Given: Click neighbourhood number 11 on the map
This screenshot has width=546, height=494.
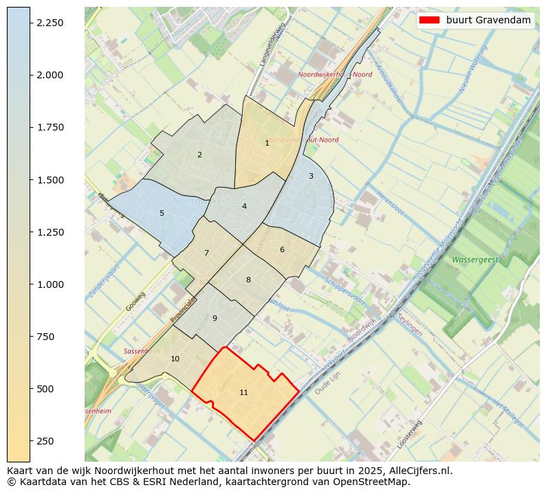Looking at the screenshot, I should tap(243, 392).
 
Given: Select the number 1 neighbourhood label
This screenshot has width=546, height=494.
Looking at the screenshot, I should tap(267, 143).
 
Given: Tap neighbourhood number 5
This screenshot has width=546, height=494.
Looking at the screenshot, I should tap(162, 213).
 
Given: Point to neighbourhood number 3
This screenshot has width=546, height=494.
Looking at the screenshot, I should tap(311, 176).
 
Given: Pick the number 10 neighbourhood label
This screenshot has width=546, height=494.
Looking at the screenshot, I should tap(175, 359).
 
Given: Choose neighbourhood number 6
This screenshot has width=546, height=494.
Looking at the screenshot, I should tap(282, 249).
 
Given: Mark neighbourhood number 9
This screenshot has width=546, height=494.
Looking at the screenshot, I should tap(215, 318).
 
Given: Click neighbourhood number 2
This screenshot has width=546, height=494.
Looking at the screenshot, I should tap(199, 155).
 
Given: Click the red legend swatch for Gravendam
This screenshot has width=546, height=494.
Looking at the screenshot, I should tap(429, 20).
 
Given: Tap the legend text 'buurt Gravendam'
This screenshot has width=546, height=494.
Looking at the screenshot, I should tap(488, 20).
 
